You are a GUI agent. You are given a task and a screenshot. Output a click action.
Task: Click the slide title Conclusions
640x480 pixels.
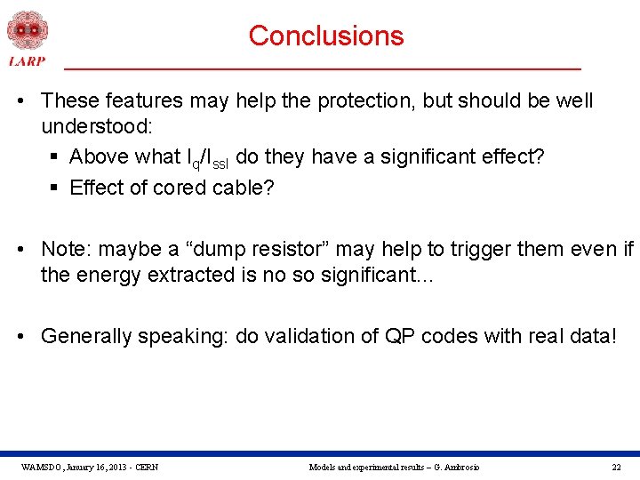[x=325, y=36]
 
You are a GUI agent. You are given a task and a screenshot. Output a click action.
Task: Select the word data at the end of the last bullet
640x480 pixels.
[x=588, y=336]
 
